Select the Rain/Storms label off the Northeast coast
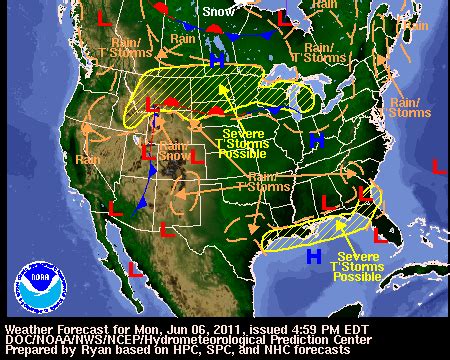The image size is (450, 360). [409, 107]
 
